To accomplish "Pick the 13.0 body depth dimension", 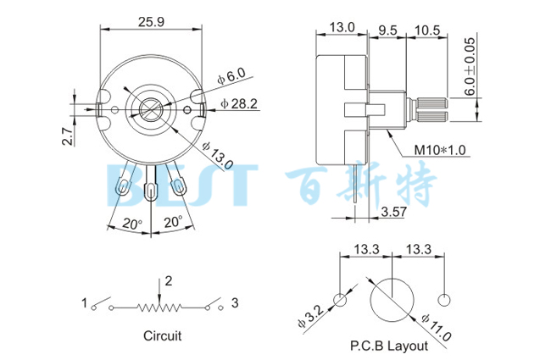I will tap(341, 28).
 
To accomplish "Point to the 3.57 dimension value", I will tap(395, 210).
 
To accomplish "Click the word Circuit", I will tap(162, 335).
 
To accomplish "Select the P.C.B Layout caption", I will tap(388, 346).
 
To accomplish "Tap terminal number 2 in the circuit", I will tap(169, 280).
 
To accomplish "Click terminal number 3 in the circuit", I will tap(235, 302).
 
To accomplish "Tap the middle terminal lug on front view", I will tap(153, 187).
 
